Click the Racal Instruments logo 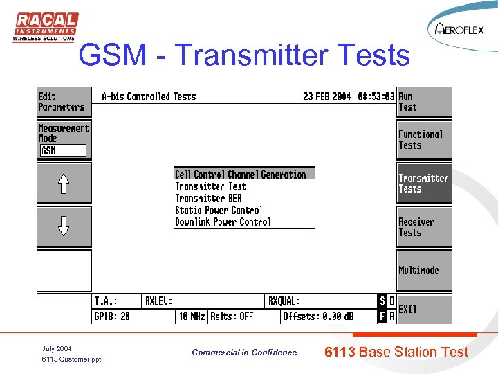46,27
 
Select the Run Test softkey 424,102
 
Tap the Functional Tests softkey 424,139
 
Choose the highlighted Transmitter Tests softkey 424,184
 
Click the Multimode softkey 424,270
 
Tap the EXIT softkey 424,309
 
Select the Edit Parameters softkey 64,102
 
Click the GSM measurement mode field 63,150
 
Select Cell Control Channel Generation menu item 244,175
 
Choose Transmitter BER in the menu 208,198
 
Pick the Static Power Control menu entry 219,210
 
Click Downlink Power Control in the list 223,222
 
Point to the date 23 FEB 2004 326,97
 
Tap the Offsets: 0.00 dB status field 318,317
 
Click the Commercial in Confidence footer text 244,353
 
